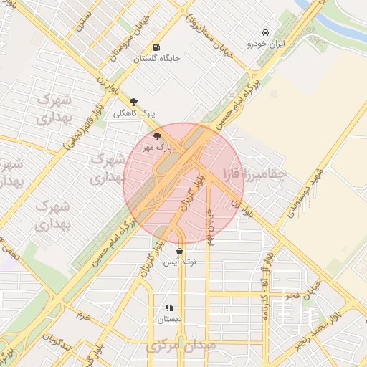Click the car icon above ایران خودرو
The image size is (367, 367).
[265, 33]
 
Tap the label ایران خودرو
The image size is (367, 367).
[266, 44]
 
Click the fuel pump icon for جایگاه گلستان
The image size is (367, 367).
[155, 49]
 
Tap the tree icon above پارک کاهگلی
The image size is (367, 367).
[133, 102]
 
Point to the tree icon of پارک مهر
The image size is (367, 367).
[157, 135]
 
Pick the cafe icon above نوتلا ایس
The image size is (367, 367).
[179, 252]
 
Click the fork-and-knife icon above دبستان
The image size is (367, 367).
[169, 308]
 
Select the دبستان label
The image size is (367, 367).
[170, 320]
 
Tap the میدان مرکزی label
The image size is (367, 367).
[172, 348]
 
